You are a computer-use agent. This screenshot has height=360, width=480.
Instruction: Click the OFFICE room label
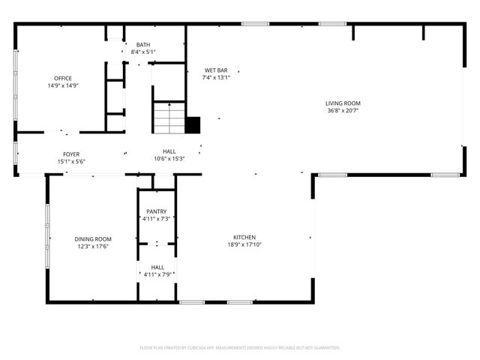pyautogui.click(x=63, y=78)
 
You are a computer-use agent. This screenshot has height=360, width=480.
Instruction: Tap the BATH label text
pyautogui.click(x=142, y=45)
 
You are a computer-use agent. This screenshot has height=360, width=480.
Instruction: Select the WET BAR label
pyautogui.click(x=216, y=70)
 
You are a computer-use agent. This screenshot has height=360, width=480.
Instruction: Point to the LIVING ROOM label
pyautogui.click(x=343, y=103)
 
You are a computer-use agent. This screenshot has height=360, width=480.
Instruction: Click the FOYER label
pyautogui.click(x=71, y=154)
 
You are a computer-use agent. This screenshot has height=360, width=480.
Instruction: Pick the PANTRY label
pyautogui.click(x=157, y=211)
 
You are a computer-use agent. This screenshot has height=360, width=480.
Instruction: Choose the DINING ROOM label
pyautogui.click(x=92, y=239)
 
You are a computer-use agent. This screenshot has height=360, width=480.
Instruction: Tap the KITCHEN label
pyautogui.click(x=244, y=237)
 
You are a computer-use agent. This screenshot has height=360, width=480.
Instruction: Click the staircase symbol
pyautogui.click(x=169, y=118)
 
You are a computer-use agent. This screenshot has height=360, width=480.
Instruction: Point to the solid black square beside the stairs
pyautogui.click(x=193, y=125)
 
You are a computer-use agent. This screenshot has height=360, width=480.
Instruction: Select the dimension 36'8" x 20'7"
pyautogui.click(x=343, y=110)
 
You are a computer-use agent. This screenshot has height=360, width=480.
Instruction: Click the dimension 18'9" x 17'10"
pyautogui.click(x=244, y=244)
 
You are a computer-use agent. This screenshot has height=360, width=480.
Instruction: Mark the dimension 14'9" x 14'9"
pyautogui.click(x=63, y=85)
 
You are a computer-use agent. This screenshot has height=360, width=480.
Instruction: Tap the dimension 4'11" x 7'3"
pyautogui.click(x=157, y=219)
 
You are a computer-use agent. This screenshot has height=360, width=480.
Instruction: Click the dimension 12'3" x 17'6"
pyautogui.click(x=92, y=247)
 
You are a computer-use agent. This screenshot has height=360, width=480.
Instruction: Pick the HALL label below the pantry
pyautogui.click(x=157, y=267)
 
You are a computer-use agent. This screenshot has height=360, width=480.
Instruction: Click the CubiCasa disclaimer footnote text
pyautogui.click(x=240, y=348)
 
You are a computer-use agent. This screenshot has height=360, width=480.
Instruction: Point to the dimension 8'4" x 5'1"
pyautogui.click(x=142, y=52)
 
